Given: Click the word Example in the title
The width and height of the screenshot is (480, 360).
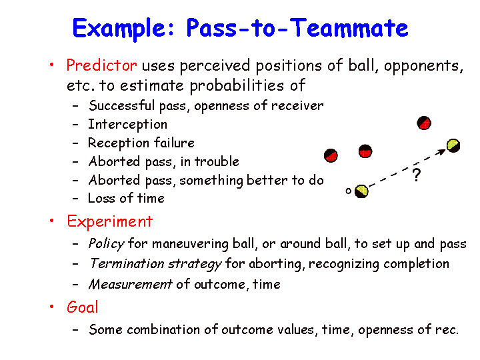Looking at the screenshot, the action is (123, 29).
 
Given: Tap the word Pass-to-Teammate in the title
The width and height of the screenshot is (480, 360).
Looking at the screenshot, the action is (297, 27).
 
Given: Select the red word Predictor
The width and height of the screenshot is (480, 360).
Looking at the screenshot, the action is (101, 65).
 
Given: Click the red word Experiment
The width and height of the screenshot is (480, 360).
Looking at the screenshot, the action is (109, 221).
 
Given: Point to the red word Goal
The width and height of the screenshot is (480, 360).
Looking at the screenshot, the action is (83, 307).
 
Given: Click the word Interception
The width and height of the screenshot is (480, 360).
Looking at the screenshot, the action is (127, 125).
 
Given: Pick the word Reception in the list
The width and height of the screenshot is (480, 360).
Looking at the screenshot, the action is (119, 143).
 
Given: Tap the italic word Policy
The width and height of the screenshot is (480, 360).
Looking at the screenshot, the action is (106, 244).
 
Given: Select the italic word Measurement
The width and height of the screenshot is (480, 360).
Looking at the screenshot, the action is (131, 284).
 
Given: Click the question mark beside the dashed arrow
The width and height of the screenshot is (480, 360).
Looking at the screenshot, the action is (416, 175).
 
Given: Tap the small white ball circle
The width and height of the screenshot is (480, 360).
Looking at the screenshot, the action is (349, 191).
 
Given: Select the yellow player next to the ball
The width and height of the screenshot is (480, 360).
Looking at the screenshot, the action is (361, 191).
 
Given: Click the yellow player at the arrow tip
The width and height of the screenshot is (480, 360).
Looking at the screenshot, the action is (453, 145).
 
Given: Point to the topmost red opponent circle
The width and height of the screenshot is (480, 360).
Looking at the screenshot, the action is (424, 123).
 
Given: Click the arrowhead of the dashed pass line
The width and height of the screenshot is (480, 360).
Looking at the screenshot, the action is (442, 151).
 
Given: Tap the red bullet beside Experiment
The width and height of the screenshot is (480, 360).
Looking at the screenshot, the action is (52, 221).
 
